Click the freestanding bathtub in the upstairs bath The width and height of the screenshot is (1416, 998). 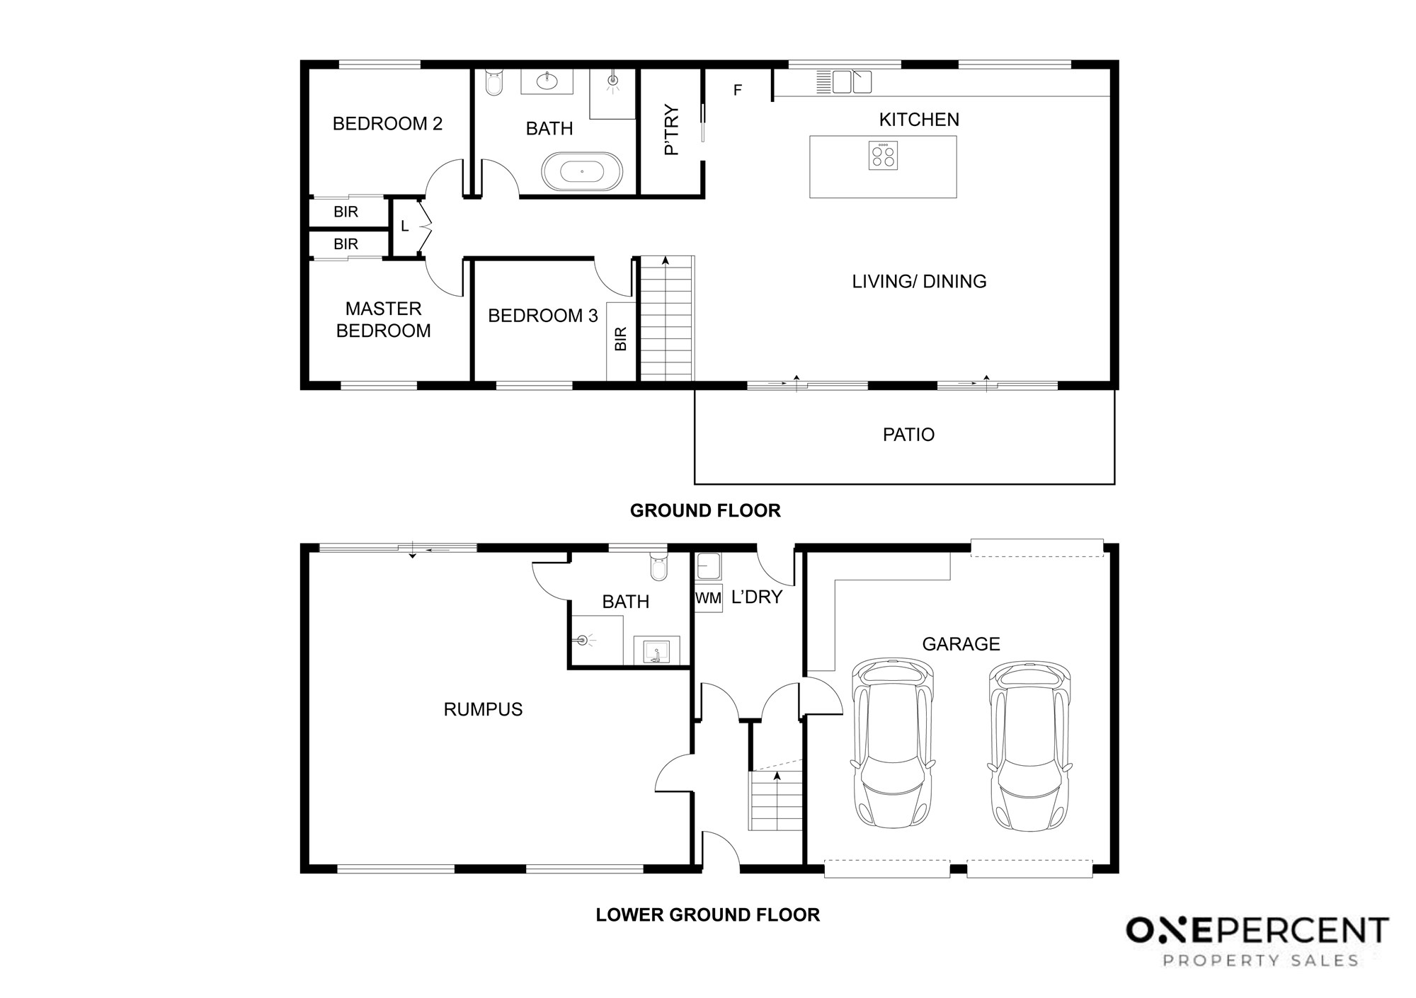click(x=582, y=171)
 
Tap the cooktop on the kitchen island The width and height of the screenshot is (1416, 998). click(x=883, y=155)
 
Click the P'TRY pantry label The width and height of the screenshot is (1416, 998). click(x=671, y=130)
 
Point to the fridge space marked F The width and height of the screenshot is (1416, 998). click(x=738, y=90)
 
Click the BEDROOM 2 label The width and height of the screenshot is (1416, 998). click(x=387, y=124)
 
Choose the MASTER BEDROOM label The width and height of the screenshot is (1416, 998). click(x=383, y=319)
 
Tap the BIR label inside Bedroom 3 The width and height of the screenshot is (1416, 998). click(x=621, y=338)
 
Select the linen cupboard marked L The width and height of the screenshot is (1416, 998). click(x=405, y=226)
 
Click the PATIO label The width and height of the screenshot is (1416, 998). click(x=908, y=435)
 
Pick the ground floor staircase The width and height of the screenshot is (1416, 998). click(x=666, y=319)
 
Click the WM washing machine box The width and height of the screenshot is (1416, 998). click(x=708, y=598)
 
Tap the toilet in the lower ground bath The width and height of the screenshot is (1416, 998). click(x=658, y=566)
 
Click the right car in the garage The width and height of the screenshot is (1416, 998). click(x=1029, y=745)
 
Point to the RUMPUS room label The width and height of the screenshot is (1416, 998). click(x=483, y=709)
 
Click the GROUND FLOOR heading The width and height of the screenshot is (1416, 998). click(x=705, y=510)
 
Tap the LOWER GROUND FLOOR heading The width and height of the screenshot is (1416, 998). click(x=708, y=914)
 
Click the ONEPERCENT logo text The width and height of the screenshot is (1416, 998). click(x=1257, y=931)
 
